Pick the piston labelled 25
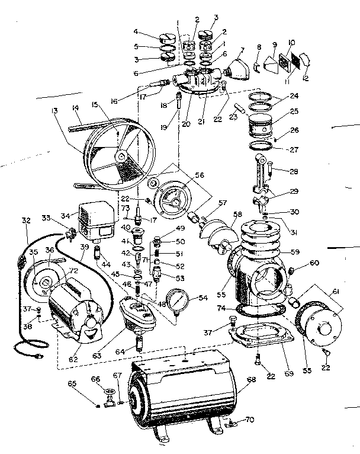coord(261,125)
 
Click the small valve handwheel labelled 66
coord(109,393)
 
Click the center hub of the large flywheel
coord(120,156)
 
